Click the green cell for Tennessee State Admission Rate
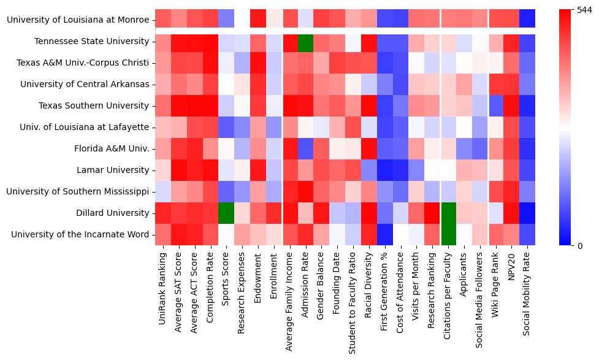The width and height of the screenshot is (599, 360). (x=305, y=41)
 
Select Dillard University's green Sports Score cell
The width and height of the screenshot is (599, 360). (x=226, y=213)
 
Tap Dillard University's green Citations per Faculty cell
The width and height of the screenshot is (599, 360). (x=449, y=213)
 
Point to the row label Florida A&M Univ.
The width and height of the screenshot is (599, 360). (x=112, y=148)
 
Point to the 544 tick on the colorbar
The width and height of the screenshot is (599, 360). (x=582, y=10)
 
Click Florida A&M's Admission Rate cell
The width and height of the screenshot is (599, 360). (x=305, y=148)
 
